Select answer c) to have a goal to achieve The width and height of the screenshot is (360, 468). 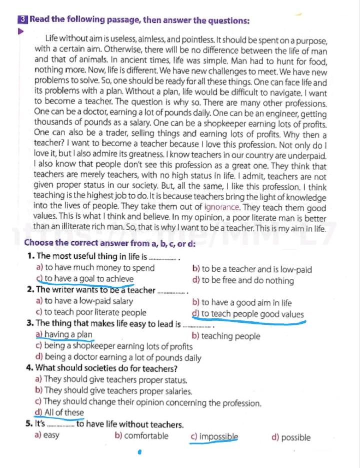[x=85, y=279]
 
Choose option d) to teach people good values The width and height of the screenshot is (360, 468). [x=248, y=314]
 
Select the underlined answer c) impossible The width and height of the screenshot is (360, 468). [x=214, y=436]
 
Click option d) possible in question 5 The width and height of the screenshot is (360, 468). [x=290, y=437]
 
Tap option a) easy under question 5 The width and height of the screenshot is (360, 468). [x=47, y=435]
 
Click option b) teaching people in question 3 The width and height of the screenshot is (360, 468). [x=226, y=336]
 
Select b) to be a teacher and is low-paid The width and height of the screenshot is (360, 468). [x=252, y=269]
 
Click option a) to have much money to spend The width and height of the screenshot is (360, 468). [x=95, y=268]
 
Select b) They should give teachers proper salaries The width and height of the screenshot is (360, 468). [x=114, y=391]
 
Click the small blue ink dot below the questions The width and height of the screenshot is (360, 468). [x=140, y=451]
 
